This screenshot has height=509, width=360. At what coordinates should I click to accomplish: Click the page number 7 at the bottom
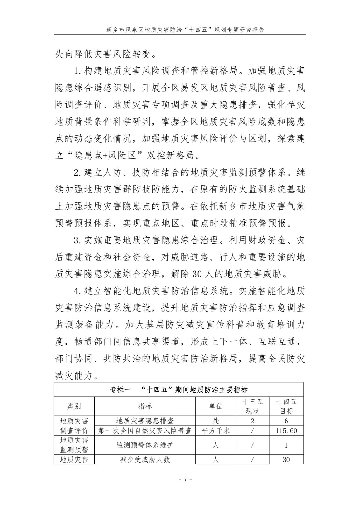[x=185, y=479]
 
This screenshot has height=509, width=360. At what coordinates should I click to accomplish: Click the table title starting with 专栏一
[x=179, y=390]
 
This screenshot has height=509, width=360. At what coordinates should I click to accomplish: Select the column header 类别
[x=74, y=406]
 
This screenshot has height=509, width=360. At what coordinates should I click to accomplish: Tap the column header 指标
[x=145, y=406]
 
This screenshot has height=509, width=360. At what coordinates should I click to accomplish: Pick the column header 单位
[x=215, y=406]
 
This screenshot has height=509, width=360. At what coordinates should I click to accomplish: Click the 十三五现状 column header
[x=252, y=406]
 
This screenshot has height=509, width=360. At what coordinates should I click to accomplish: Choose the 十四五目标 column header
[x=286, y=406]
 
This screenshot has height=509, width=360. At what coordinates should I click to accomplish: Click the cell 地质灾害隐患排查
[x=145, y=421]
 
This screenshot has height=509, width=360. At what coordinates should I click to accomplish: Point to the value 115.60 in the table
[x=286, y=431]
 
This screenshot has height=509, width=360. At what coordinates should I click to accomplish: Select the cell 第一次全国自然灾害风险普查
[x=145, y=431]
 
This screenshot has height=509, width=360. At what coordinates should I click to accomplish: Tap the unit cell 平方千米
[x=215, y=431]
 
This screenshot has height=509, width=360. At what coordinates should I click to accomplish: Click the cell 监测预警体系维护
[x=145, y=445]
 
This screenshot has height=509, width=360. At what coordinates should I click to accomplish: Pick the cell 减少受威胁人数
[x=145, y=460]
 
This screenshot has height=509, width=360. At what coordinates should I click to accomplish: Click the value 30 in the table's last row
[x=286, y=460]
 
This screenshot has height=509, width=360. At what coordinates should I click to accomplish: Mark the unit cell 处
[x=215, y=421]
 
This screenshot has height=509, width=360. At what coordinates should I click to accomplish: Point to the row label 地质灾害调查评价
[x=74, y=426]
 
